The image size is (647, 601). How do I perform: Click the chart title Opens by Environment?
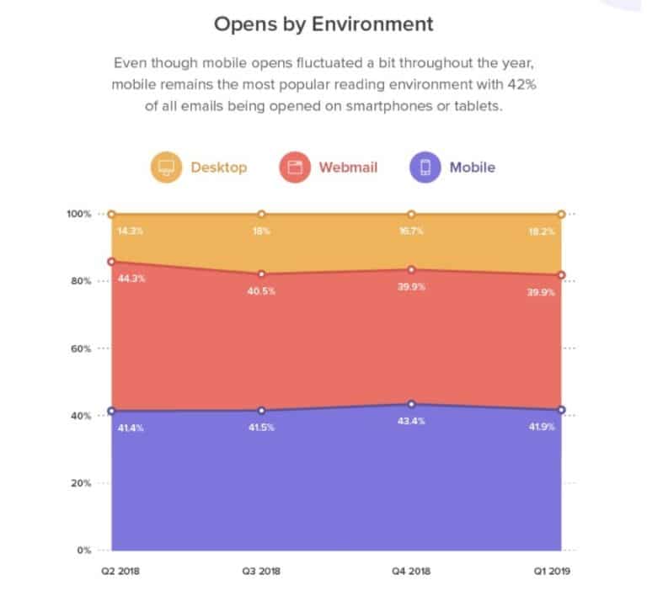(323, 23)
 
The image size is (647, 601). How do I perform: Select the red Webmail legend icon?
(296, 167)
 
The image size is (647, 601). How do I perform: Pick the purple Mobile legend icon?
(425, 167)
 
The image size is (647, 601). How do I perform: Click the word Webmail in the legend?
(348, 167)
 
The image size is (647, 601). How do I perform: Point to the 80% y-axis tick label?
(80, 281)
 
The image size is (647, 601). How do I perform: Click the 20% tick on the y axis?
(80, 483)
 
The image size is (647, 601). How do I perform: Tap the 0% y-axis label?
(83, 550)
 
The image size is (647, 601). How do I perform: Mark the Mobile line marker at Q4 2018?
(411, 405)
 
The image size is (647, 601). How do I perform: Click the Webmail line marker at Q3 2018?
(261, 274)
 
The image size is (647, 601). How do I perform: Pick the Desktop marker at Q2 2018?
(111, 215)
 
